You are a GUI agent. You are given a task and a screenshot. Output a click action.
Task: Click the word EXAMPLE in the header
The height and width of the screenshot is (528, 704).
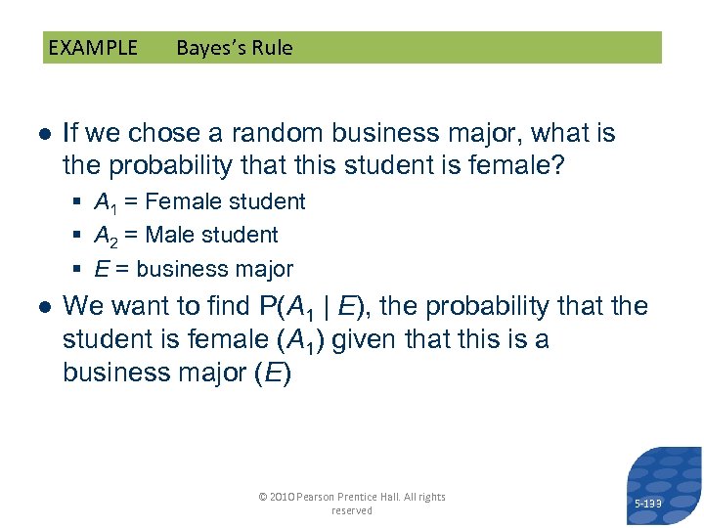pos(93,48)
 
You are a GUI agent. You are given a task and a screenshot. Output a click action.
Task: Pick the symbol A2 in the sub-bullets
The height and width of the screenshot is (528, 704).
pos(104,236)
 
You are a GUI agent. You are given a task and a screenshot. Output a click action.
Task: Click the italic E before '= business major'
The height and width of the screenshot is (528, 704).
pos(101,269)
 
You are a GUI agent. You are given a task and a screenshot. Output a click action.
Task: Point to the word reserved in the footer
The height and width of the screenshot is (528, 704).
pos(352,510)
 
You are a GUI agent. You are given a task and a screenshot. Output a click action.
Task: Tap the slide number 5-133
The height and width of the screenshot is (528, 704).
pos(647,504)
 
